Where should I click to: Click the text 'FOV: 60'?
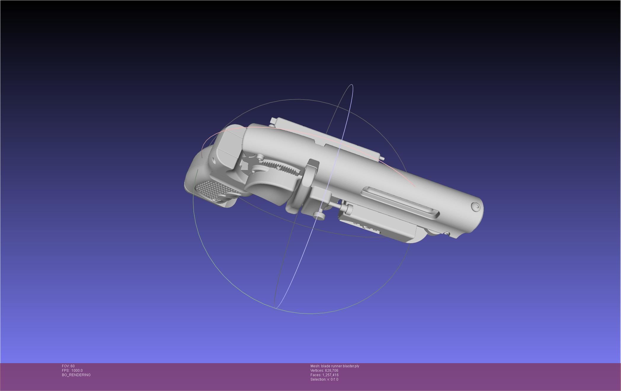point(68,366)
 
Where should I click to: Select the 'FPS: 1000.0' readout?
point(72,371)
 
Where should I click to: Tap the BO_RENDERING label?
point(76,375)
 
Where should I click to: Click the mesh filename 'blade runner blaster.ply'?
point(340,366)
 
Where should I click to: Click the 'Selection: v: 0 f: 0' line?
point(324,379)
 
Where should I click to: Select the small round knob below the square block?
point(319,216)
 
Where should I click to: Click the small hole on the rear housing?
point(214,161)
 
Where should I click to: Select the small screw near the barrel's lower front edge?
point(447,234)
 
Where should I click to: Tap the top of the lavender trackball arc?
point(351,85)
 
